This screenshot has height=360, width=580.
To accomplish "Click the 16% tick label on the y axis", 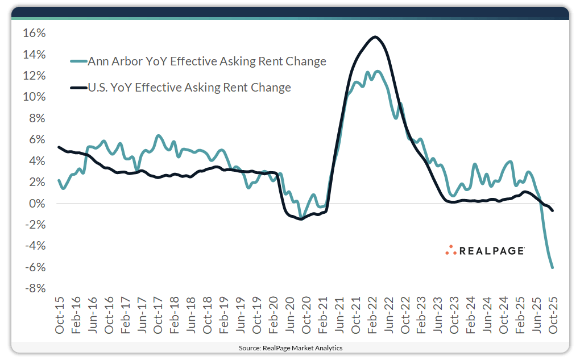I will pos(34,33).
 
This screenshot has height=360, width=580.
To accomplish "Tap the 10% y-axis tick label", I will pos(34,97).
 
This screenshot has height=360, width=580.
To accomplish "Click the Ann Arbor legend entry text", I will pos(207,61).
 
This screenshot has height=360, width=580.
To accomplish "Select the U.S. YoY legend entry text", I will pos(189,88).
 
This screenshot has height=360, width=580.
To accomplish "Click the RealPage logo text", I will pos(492,250).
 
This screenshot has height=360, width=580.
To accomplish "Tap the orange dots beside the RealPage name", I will pos(451,250).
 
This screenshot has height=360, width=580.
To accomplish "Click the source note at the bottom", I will pos(290,347).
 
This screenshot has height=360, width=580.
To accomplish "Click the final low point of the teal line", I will pos(553,267).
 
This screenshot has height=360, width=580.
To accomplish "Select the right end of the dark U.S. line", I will pos(553,210).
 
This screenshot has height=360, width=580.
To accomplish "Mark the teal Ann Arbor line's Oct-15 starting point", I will pos(59,180).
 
